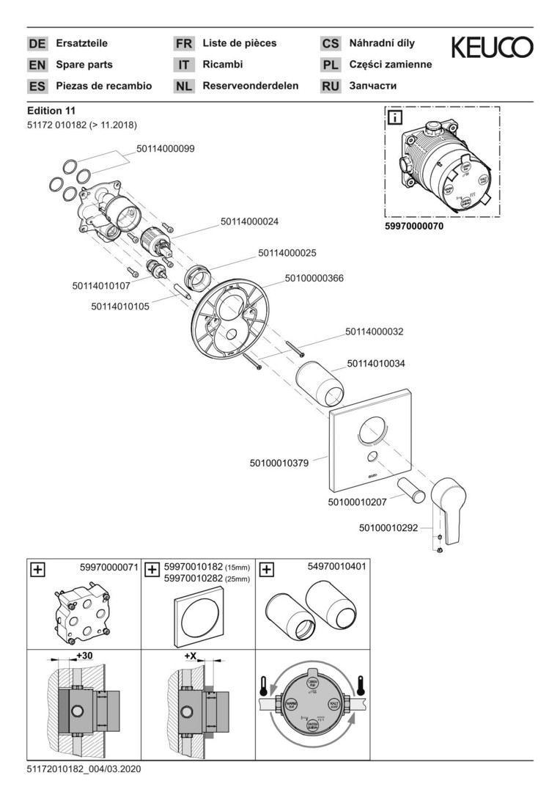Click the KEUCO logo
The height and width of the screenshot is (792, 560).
click(x=492, y=48)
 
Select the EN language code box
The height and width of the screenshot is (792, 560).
click(x=37, y=65)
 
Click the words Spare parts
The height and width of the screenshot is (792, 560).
click(x=84, y=65)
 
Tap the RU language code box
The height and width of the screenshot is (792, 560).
click(x=331, y=87)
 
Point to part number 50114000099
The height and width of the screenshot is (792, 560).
click(x=165, y=149)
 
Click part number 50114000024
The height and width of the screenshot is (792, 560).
click(x=250, y=221)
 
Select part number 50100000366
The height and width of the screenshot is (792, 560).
click(x=314, y=278)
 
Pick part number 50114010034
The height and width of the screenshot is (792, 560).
click(x=376, y=363)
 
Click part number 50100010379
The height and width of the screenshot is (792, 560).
click(x=279, y=463)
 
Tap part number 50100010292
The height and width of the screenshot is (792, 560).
click(x=388, y=527)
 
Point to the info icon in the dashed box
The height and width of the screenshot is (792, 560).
click(x=394, y=117)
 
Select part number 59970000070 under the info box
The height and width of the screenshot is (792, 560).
click(x=414, y=227)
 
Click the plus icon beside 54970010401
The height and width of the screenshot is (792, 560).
click(x=267, y=568)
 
